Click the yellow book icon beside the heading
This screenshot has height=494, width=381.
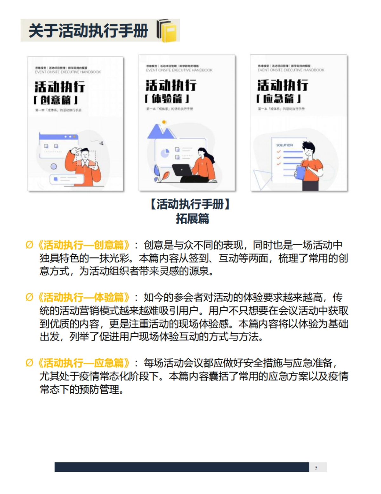167,30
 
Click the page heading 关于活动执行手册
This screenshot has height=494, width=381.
88,31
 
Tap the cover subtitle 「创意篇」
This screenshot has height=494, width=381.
56,100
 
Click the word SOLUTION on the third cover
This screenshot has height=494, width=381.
284,145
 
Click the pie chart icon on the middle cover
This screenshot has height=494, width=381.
164,153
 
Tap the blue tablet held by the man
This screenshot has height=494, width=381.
300,172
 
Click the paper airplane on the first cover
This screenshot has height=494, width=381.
101,143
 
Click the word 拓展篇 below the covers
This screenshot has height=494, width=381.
192,219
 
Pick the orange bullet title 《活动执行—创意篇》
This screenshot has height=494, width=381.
84,245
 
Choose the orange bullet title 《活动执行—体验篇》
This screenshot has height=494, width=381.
84,298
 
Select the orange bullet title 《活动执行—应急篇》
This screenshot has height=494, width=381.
84,363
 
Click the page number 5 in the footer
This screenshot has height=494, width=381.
316,467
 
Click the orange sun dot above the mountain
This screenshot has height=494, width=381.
164,122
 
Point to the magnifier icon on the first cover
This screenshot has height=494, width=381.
54,167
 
